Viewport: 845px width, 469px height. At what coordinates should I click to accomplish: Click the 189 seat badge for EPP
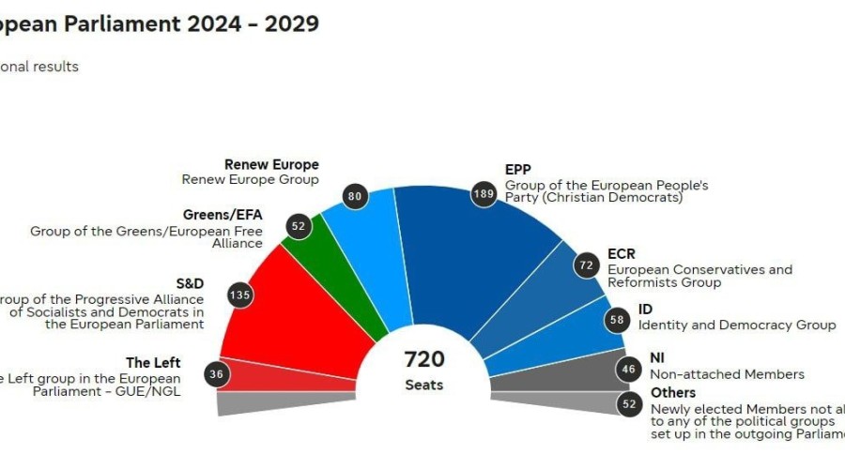484,194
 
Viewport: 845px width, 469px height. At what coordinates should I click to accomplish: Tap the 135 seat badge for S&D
240,295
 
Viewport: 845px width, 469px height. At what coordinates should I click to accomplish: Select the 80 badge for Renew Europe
355,197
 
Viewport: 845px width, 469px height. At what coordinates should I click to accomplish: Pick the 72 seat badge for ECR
587,265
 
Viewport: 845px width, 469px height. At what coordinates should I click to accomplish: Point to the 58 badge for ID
618,320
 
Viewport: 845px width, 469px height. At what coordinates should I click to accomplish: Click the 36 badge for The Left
217,374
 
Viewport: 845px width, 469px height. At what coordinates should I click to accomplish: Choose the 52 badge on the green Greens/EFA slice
299,226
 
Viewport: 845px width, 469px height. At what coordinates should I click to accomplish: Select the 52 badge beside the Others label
629,405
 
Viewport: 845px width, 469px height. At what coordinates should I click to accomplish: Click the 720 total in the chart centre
423,359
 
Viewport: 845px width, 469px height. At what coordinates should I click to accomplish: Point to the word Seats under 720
423,385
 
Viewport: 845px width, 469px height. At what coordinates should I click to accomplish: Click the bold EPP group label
518,170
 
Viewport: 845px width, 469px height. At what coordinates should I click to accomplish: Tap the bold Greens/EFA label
222,214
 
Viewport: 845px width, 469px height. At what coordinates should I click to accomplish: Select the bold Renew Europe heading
272,164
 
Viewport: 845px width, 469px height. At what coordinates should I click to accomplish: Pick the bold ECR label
622,253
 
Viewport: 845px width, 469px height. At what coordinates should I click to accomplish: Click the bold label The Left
153,363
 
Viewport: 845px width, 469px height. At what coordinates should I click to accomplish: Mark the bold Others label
673,392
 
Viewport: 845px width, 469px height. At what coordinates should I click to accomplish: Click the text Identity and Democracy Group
737,325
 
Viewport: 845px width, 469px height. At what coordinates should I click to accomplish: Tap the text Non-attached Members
728,374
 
